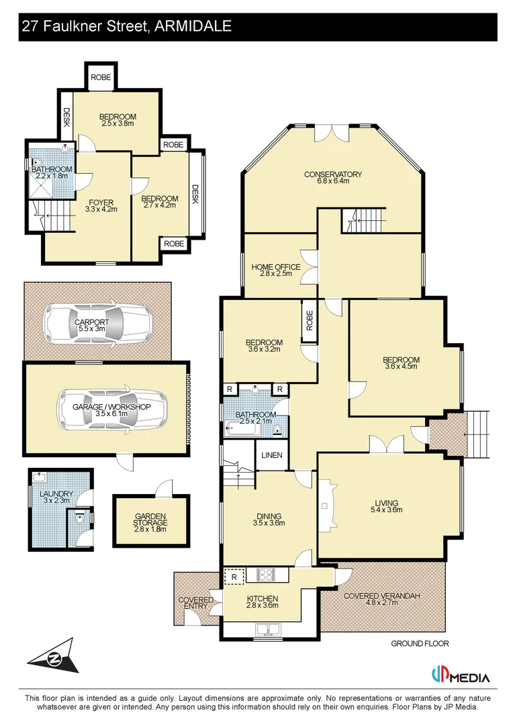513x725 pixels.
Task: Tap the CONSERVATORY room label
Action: [333, 175]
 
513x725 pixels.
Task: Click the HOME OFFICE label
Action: [276, 267]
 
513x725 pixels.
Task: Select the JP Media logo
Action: [460, 676]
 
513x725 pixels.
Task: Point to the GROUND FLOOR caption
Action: [420, 644]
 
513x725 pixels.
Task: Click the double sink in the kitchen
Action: [267, 630]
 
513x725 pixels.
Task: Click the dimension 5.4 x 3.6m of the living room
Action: [387, 511]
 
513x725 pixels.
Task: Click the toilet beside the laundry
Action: [80, 518]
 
